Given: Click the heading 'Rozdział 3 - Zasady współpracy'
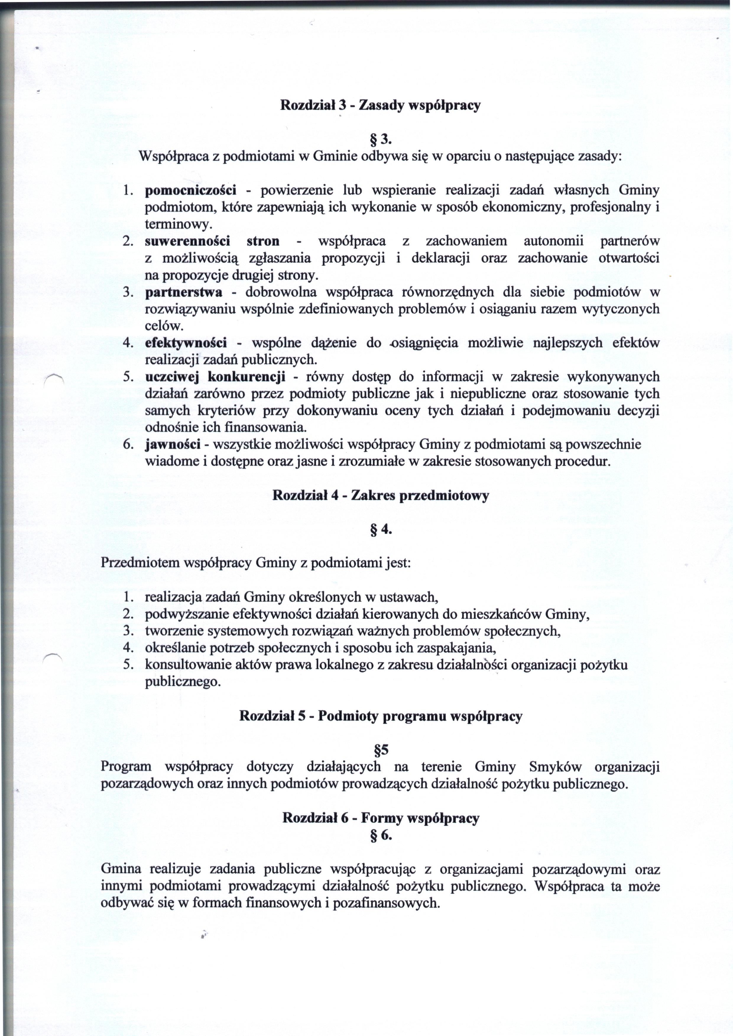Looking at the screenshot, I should [380, 105].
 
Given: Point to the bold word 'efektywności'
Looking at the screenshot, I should [186, 343].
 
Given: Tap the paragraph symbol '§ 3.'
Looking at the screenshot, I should [380, 140].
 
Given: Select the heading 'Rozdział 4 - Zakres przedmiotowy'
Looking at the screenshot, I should [380, 496].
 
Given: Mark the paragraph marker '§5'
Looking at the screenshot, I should [380, 750].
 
